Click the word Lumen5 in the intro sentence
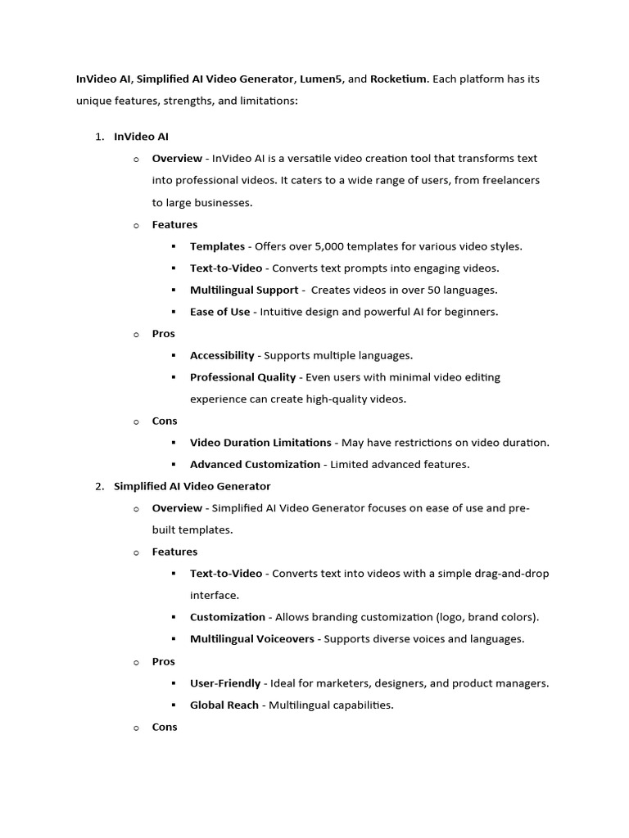pyautogui.click(x=322, y=79)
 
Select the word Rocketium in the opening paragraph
pyautogui.click(x=398, y=79)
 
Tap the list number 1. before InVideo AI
pyautogui.click(x=99, y=137)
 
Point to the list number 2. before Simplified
pyautogui.click(x=99, y=486)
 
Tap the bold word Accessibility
pyautogui.click(x=222, y=355)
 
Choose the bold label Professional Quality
pyautogui.click(x=242, y=377)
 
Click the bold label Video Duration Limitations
pyautogui.click(x=260, y=443)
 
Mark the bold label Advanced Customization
pyautogui.click(x=255, y=465)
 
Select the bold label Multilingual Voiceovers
pyautogui.click(x=251, y=639)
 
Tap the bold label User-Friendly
pyautogui.click(x=225, y=683)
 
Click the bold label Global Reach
pyautogui.click(x=224, y=705)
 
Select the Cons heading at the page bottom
pyautogui.click(x=164, y=727)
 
